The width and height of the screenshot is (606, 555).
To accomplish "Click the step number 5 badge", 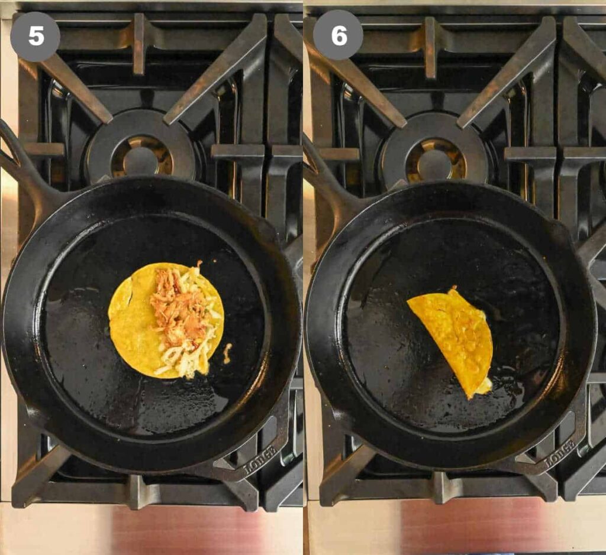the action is pos(35,37).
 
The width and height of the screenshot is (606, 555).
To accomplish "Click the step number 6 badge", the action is pos(338,35).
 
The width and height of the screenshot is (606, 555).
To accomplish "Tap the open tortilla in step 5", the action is pos(166,320).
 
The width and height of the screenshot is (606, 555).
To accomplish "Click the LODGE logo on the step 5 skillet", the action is pos(260,461).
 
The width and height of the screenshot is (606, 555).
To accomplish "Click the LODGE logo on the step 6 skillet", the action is pos(560,452).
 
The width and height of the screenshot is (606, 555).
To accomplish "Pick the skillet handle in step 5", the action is pos(23,170).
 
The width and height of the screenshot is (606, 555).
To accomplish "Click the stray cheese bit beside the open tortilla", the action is pos(228,353).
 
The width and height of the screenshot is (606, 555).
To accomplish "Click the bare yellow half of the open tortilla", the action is pos(131,320).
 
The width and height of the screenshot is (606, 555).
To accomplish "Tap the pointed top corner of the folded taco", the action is pos(453,288).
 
